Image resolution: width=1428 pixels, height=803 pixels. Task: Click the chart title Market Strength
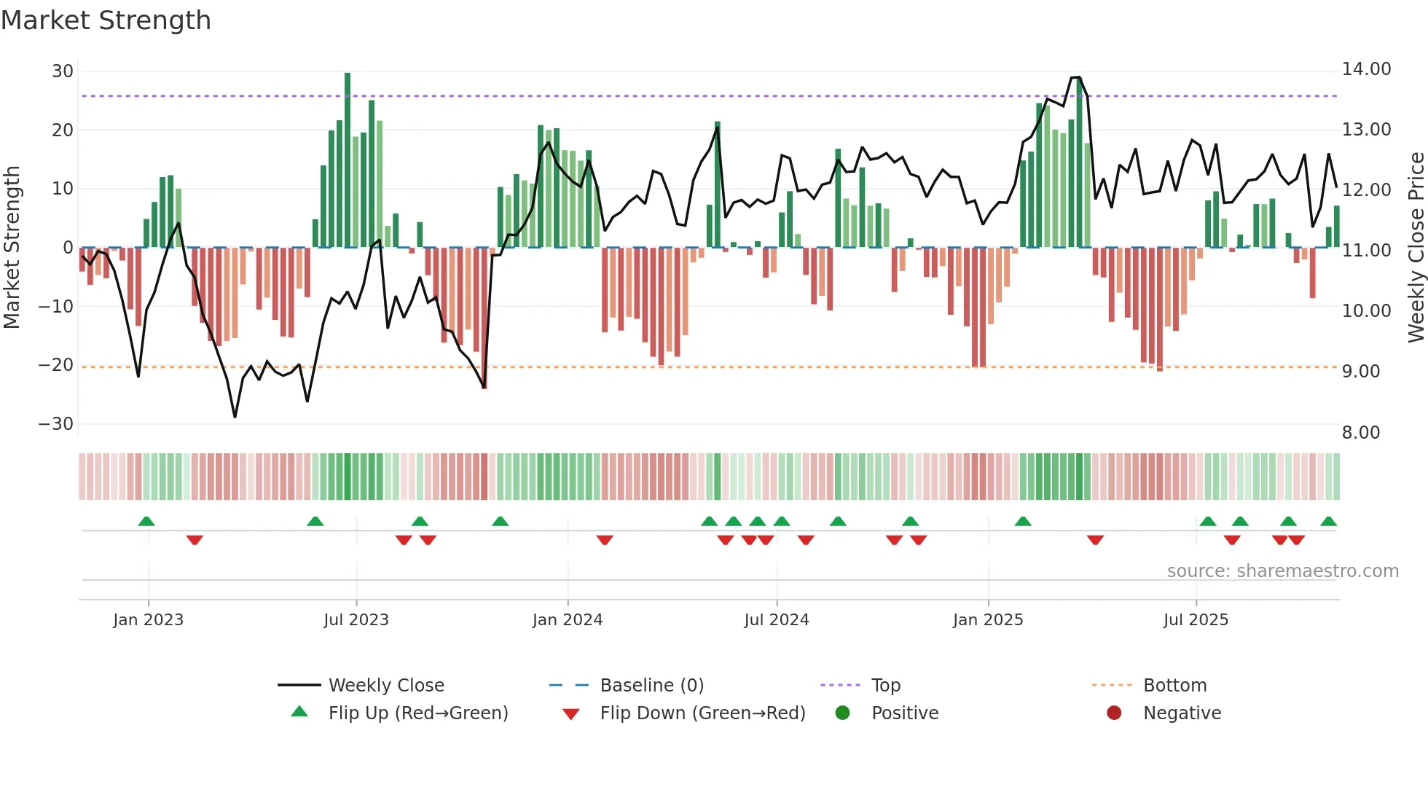point(106,20)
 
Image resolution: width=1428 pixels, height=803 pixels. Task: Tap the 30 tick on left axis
point(63,71)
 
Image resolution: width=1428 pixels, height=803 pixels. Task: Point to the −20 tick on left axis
point(57,365)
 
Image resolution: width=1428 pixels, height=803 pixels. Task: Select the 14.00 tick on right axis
point(1366,69)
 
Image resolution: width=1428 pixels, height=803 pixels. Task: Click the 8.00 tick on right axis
point(1361,433)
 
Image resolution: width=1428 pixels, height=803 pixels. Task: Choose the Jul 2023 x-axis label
point(356,620)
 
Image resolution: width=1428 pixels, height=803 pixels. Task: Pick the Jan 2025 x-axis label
point(988,620)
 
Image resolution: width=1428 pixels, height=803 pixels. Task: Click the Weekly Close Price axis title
point(1416,248)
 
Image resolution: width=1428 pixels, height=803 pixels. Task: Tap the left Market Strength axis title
point(12,248)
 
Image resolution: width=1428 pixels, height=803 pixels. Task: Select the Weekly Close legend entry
point(386,686)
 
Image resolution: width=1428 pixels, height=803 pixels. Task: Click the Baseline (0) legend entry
point(651,686)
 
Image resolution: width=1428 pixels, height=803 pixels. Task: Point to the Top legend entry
point(886,686)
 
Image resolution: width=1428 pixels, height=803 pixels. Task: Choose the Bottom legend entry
point(1174,686)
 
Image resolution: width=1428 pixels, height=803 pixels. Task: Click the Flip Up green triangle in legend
point(299,712)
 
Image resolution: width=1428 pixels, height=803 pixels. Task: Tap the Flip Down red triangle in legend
point(571,714)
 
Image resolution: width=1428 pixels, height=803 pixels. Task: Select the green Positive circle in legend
point(842,713)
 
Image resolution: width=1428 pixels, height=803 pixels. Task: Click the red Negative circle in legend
point(1114,713)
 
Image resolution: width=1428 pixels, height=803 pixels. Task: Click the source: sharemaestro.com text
point(1282,571)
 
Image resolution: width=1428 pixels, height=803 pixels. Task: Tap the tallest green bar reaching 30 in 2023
point(348,160)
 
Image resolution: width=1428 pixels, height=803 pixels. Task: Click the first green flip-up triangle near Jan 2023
point(146,522)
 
